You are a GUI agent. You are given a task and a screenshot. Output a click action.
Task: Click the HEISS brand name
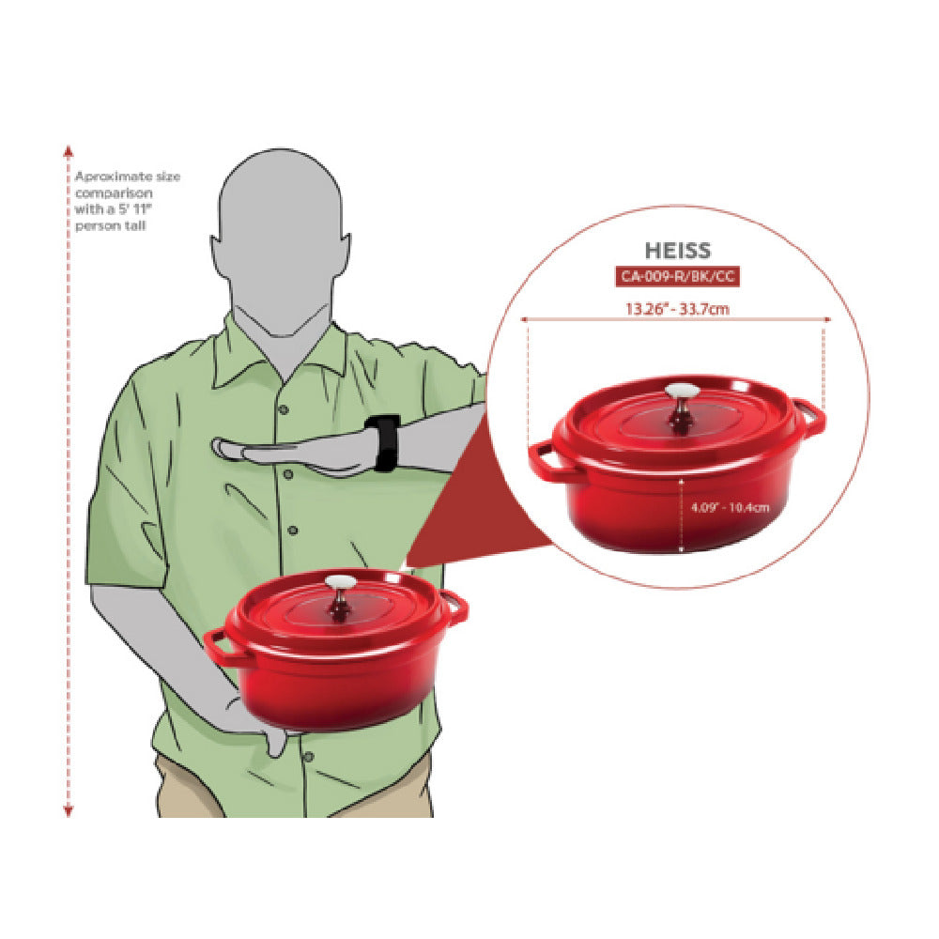pyautogui.click(x=677, y=251)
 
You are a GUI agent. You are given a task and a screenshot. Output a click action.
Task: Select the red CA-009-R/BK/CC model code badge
pyautogui.click(x=677, y=276)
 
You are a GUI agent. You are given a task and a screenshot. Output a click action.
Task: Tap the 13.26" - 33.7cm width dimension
pyautogui.click(x=677, y=309)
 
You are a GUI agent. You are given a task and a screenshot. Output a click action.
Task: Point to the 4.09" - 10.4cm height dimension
pyautogui.click(x=730, y=507)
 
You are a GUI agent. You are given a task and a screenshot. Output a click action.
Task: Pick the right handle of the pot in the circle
pyautogui.click(x=811, y=419)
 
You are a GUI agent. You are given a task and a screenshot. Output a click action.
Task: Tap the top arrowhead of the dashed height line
pyautogui.click(x=69, y=150)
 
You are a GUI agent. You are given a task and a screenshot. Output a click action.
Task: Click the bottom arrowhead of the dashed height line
pyautogui.click(x=69, y=811)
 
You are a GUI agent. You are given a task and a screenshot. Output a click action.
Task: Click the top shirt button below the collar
pyautogui.click(x=284, y=409)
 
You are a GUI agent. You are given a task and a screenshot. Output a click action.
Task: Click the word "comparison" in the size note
pyautogui.click(x=114, y=193)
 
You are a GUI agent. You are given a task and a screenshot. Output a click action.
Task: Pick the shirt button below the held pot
pyautogui.click(x=308, y=757)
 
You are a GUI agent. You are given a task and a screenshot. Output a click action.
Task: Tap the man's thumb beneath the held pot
pyautogui.click(x=276, y=742)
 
